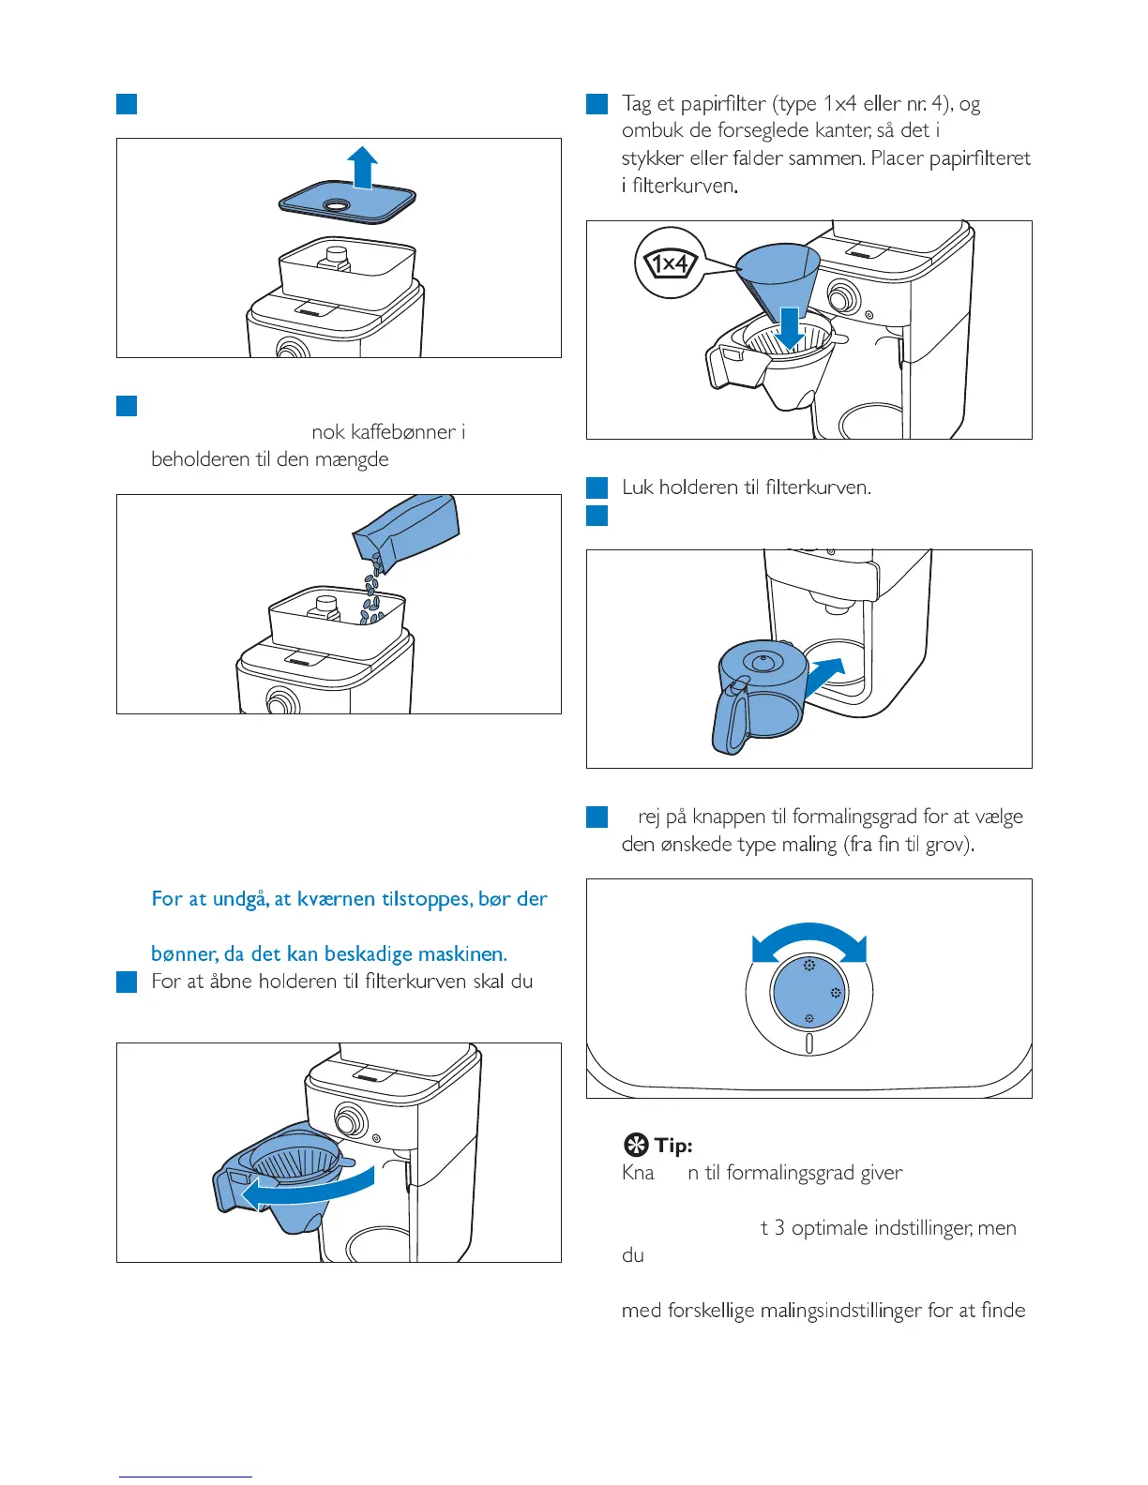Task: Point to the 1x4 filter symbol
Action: coord(669,264)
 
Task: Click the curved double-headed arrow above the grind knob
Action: coord(808,941)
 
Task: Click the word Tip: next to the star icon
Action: coord(673,1146)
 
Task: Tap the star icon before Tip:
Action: coord(636,1146)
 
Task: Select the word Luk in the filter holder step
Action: coord(637,487)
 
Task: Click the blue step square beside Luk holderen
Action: coord(597,487)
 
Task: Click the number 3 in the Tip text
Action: coord(779,1228)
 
